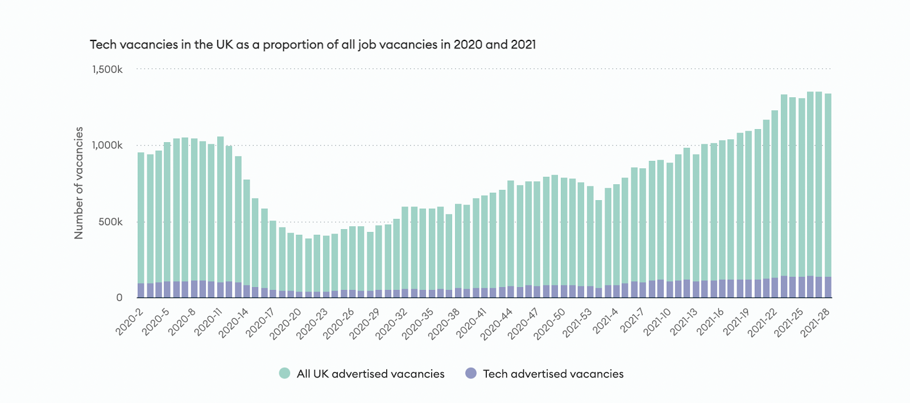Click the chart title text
click(313, 44)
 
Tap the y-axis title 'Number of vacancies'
click(79, 182)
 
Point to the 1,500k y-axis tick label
click(107, 69)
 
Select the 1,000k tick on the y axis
click(107, 145)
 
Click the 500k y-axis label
click(110, 222)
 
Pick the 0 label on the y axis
click(119, 297)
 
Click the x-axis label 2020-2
click(129, 322)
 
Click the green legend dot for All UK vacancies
click(285, 373)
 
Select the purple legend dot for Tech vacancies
click(471, 373)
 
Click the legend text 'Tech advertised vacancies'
click(553, 373)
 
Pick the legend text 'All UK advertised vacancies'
click(370, 373)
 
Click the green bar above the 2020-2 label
click(140, 216)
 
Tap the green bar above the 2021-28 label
click(828, 182)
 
